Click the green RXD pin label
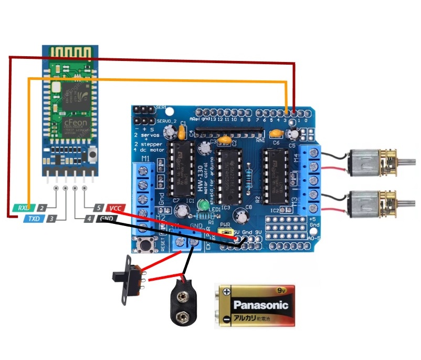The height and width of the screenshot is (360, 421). (x=23, y=208)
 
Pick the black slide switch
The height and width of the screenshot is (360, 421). (x=128, y=280)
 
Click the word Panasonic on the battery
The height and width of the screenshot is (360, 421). (x=261, y=305)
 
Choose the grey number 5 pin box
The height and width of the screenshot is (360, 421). (x=98, y=208)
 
